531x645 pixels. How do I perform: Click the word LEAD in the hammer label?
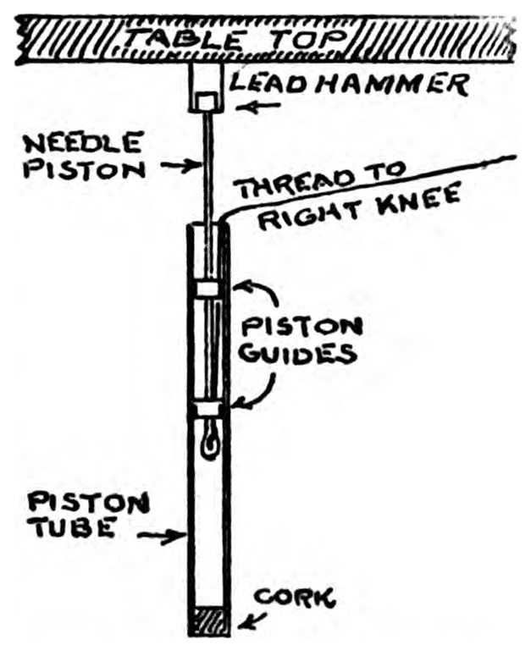[x=263, y=84]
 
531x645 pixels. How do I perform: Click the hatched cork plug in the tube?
[x=207, y=620]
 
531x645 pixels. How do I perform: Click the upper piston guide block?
[x=207, y=288]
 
